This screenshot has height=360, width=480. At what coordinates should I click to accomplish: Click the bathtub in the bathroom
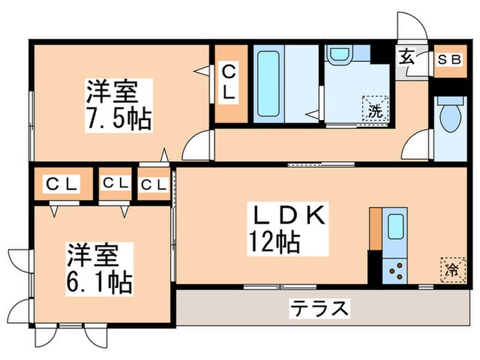point(268,84)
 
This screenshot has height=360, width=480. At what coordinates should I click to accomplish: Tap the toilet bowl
point(450,117)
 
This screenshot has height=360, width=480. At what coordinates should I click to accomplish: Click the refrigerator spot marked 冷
point(451,269)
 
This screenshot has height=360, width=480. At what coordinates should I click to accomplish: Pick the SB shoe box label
point(450,59)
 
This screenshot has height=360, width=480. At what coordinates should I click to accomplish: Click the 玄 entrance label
point(407,58)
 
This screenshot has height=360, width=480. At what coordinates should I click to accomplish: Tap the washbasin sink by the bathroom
point(337,55)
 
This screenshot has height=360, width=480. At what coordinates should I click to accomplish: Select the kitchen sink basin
point(396,227)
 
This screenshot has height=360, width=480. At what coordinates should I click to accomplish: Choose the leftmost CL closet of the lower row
point(62,184)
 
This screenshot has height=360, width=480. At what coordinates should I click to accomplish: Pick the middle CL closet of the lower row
point(115,184)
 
